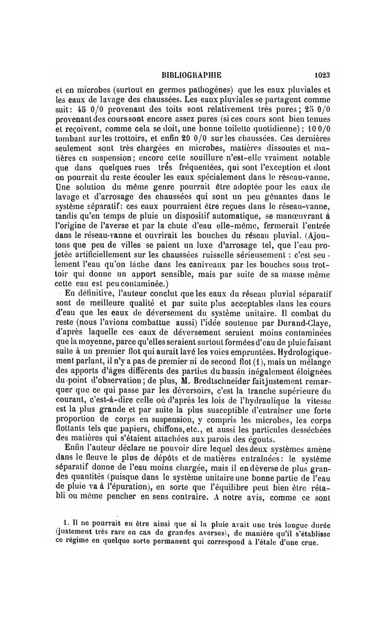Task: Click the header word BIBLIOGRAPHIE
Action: point(191,76)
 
